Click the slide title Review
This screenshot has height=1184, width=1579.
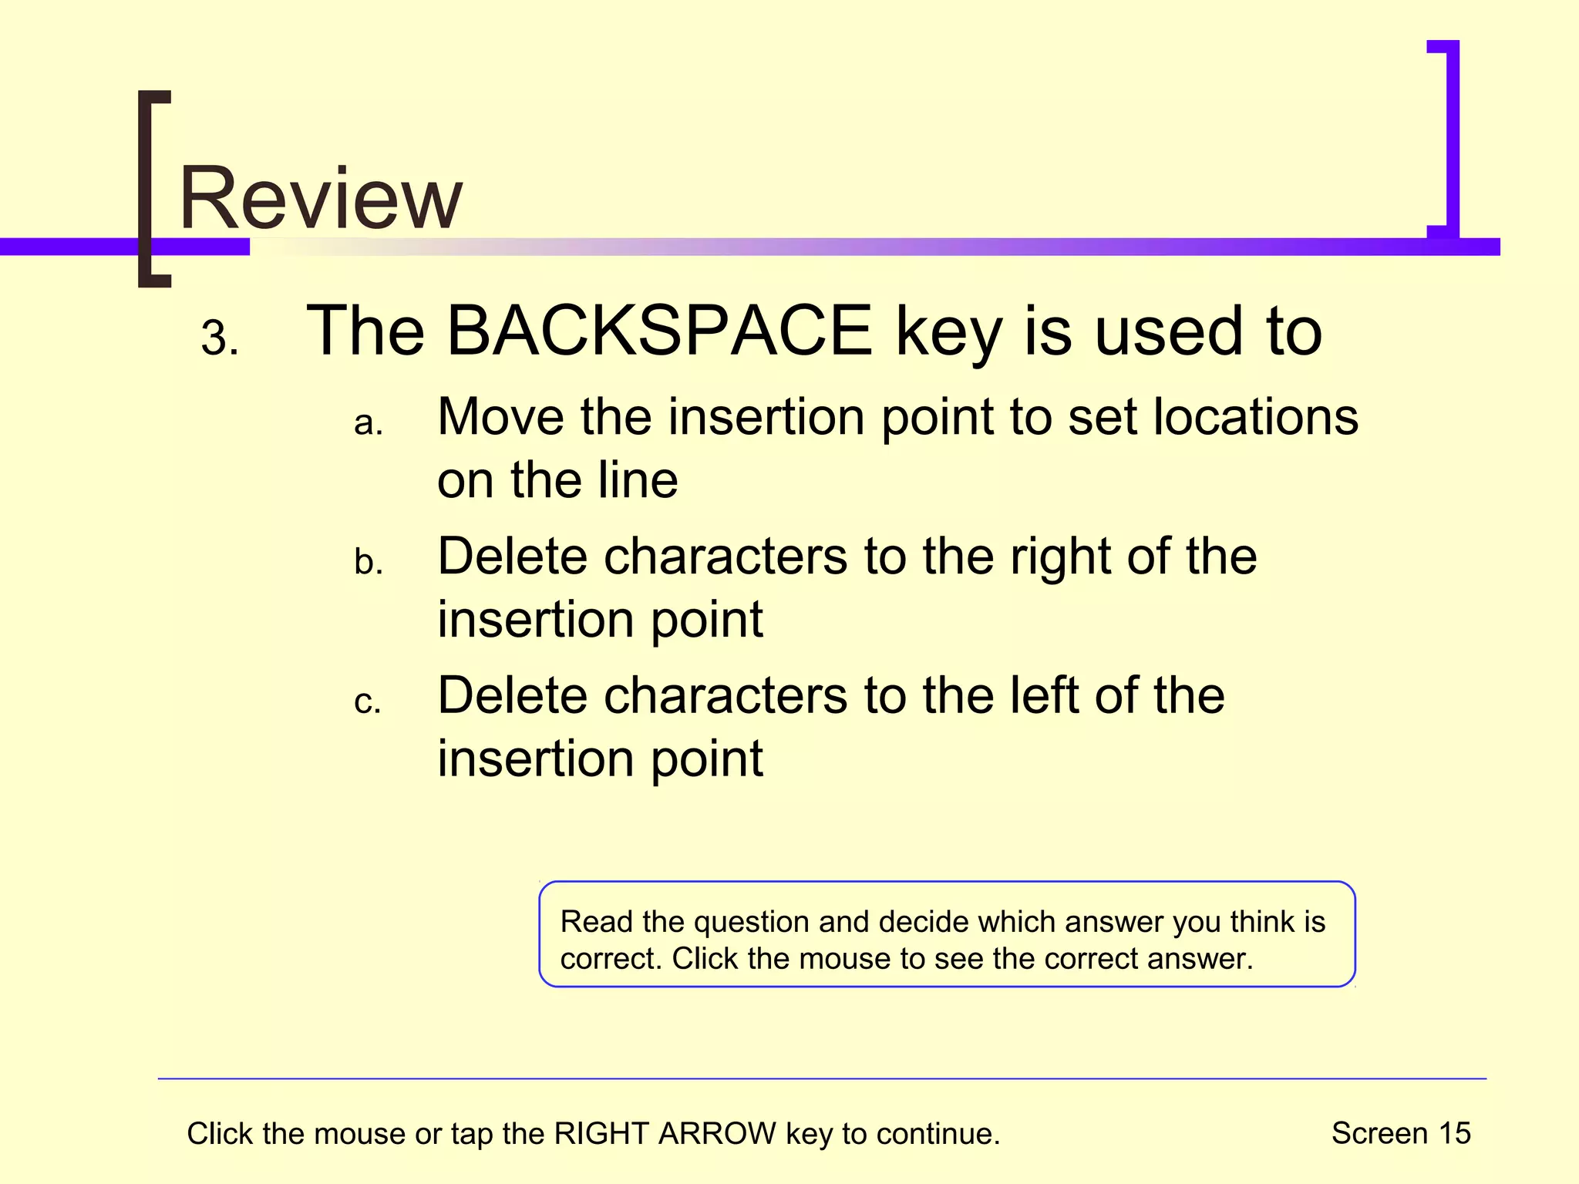click(321, 198)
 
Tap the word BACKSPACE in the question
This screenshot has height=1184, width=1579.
click(660, 331)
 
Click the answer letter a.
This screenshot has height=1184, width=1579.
click(368, 423)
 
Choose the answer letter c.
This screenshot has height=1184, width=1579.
click(367, 702)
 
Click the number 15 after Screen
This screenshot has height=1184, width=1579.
click(1454, 1133)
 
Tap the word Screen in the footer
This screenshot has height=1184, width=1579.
click(1379, 1133)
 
